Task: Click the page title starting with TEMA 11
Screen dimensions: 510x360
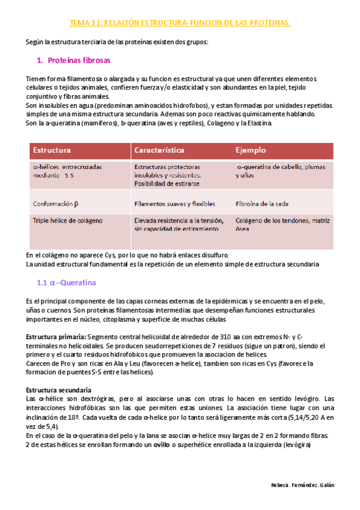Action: (180, 23)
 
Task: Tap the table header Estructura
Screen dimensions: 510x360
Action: (52, 150)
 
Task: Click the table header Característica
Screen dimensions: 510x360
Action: (159, 150)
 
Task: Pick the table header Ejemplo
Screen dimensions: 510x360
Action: (251, 150)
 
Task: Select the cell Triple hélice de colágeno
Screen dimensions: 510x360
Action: (68, 220)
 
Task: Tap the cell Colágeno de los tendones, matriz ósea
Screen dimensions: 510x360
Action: (282, 224)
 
